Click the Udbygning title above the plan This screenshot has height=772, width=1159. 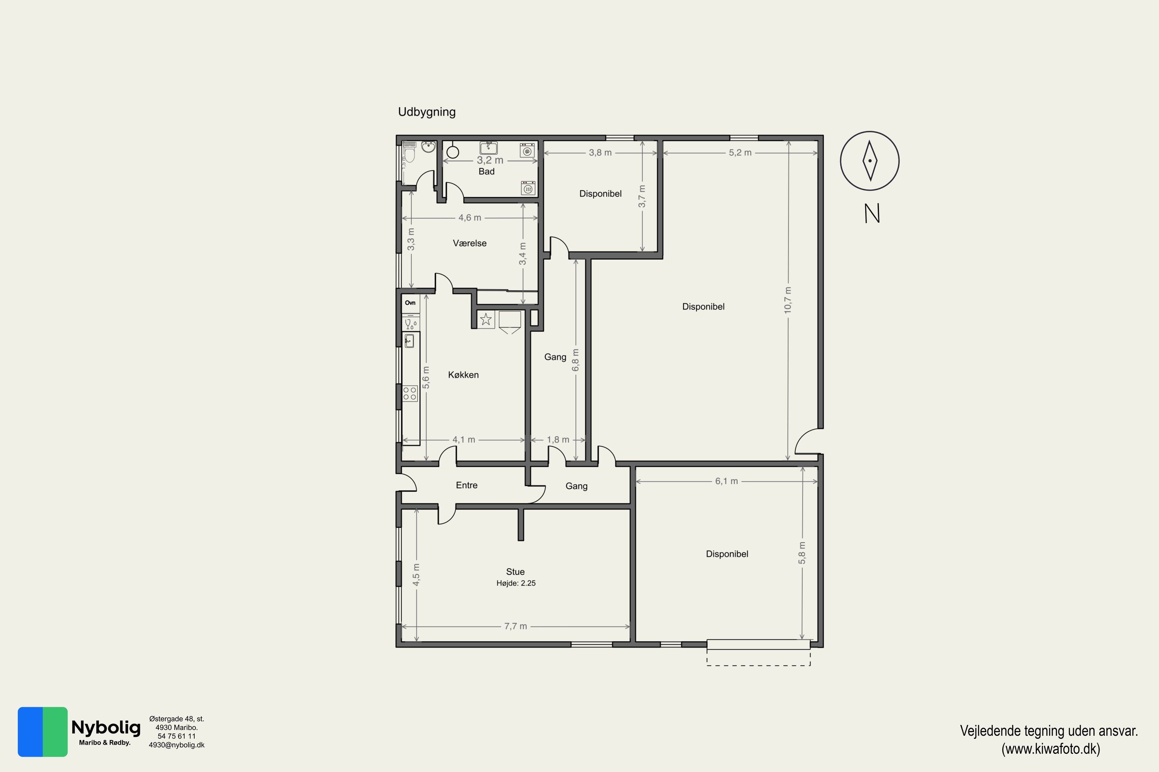(x=427, y=112)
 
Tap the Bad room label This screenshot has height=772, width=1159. (x=486, y=171)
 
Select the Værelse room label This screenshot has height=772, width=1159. (x=470, y=243)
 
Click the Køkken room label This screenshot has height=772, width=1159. (x=463, y=375)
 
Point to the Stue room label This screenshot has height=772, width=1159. (x=515, y=572)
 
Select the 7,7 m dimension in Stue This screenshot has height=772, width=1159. (x=515, y=626)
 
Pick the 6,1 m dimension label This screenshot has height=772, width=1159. (x=726, y=481)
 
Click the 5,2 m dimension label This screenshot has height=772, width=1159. (x=740, y=152)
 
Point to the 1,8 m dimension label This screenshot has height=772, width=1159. (x=558, y=440)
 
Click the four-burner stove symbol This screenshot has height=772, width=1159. (x=410, y=393)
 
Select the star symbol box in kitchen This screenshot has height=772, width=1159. (x=486, y=320)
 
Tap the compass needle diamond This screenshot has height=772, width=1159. (x=870, y=161)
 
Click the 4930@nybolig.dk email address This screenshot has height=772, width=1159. (x=177, y=745)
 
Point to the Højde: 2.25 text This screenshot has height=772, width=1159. (x=516, y=583)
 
